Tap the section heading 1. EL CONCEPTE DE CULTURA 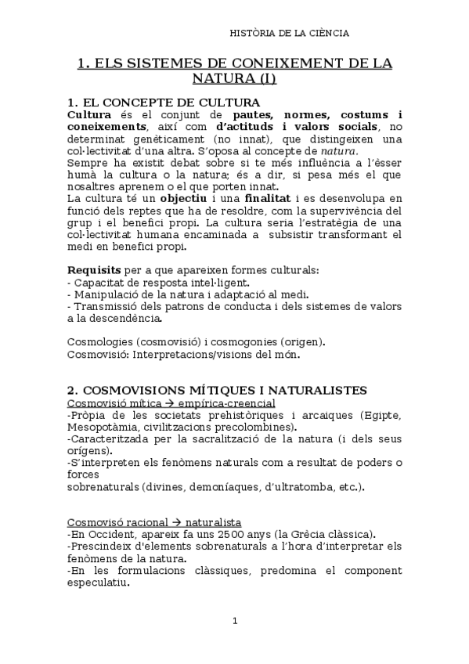pos(164,103)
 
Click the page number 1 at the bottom pos(235,621)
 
